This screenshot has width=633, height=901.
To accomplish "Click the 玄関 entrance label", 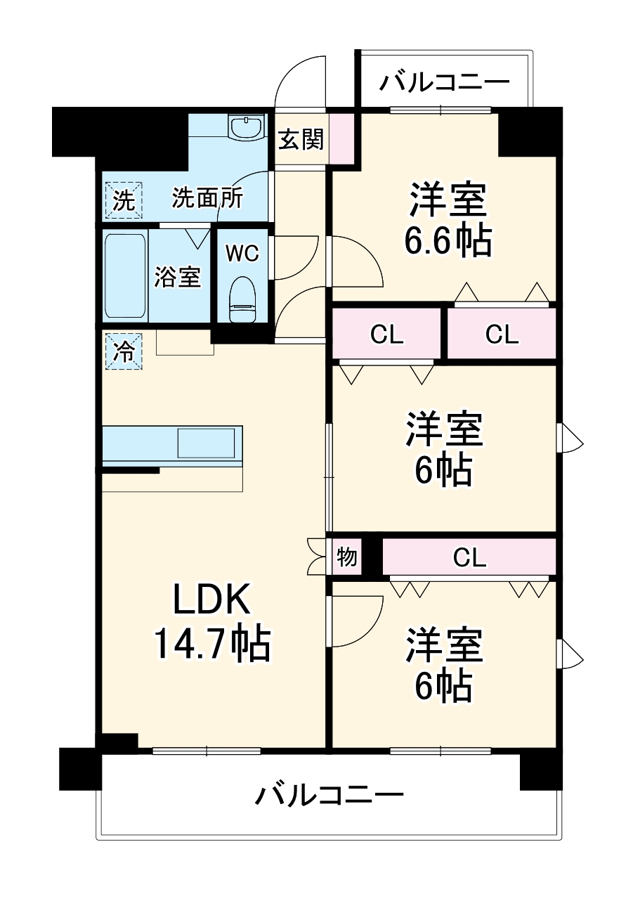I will click(x=301, y=140).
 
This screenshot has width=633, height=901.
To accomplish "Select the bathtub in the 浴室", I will click(x=126, y=276).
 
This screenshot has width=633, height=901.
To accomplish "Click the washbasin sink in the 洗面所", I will click(x=245, y=127).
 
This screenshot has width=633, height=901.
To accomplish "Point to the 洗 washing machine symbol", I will click(x=124, y=200).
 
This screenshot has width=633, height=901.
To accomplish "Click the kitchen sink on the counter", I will click(x=205, y=443).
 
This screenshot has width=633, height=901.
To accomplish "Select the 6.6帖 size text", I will click(x=447, y=240).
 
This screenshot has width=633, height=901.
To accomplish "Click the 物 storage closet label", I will click(x=347, y=557).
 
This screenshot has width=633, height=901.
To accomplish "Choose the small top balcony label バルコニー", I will click(x=444, y=83).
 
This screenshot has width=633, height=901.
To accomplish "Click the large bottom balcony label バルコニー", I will click(x=329, y=796).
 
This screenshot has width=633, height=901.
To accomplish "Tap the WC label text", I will click(x=242, y=253).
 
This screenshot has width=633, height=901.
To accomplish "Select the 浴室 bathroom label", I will click(x=178, y=277).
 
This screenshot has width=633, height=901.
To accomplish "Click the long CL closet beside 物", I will click(x=469, y=558).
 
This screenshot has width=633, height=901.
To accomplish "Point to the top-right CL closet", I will click(x=502, y=335).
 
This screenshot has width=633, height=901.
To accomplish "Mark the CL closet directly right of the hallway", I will click(x=387, y=335).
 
